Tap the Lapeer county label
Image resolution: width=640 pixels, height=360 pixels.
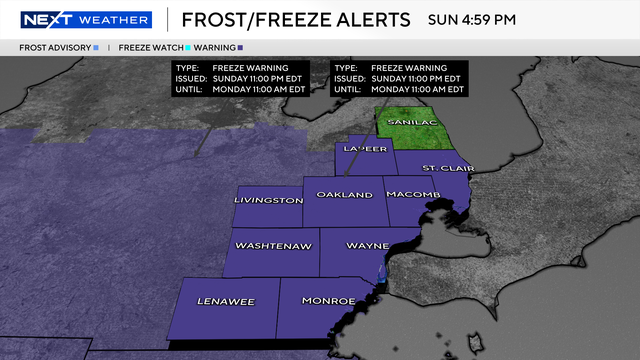pyautogui.click(x=365, y=150)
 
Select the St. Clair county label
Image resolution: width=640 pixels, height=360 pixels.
pyautogui.click(x=441, y=167)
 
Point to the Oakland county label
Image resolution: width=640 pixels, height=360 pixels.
pyautogui.click(x=344, y=193)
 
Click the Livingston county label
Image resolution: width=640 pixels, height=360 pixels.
pyautogui.click(x=268, y=200)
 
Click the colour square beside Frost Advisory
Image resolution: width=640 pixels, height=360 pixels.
pyautogui.click(x=95, y=47)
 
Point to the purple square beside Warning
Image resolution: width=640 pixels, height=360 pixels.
pyautogui.click(x=242, y=47)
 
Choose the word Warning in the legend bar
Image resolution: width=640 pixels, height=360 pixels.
pyautogui.click(x=216, y=47)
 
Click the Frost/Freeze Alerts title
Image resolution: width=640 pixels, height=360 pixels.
pyautogui.click(x=296, y=19)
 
